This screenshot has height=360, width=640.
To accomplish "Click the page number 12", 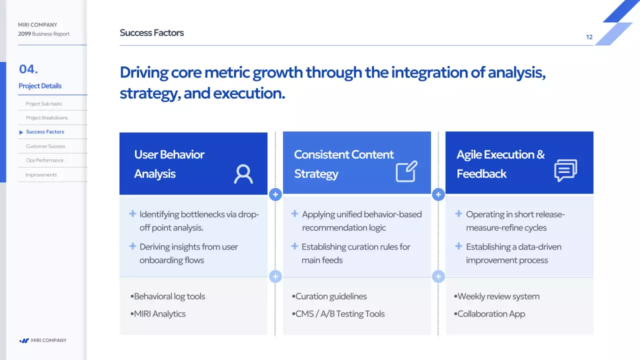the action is [589, 37].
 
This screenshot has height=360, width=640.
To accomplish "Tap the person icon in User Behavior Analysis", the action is [243, 173].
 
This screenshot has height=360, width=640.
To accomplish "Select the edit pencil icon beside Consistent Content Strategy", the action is [406, 171].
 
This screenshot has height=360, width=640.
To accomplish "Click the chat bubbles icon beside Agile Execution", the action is [565, 170].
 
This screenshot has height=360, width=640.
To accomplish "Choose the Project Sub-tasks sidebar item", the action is [43, 103].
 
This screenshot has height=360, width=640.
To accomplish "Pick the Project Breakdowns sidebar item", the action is [47, 117].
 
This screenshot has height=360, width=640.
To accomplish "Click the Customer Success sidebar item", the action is [45, 146].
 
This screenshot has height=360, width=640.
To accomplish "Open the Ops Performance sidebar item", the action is [44, 160].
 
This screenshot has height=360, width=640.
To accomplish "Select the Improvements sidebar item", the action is [41, 175].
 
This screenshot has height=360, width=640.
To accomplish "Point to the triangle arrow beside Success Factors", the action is [21, 132].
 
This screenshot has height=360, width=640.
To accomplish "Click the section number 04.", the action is [28, 69].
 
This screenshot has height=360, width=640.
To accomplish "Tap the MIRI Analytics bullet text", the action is [159, 313].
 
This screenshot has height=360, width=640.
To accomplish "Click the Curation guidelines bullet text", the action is [331, 296].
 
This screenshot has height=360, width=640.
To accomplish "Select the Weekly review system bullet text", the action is [498, 296].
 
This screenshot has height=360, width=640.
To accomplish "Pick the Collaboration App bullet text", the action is [491, 313].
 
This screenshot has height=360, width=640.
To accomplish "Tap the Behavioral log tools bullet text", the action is [169, 296].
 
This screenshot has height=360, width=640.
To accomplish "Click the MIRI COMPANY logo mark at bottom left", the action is [24, 340].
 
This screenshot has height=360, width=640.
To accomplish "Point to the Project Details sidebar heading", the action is [40, 86].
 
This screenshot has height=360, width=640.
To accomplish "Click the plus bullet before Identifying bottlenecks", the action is [132, 213].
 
